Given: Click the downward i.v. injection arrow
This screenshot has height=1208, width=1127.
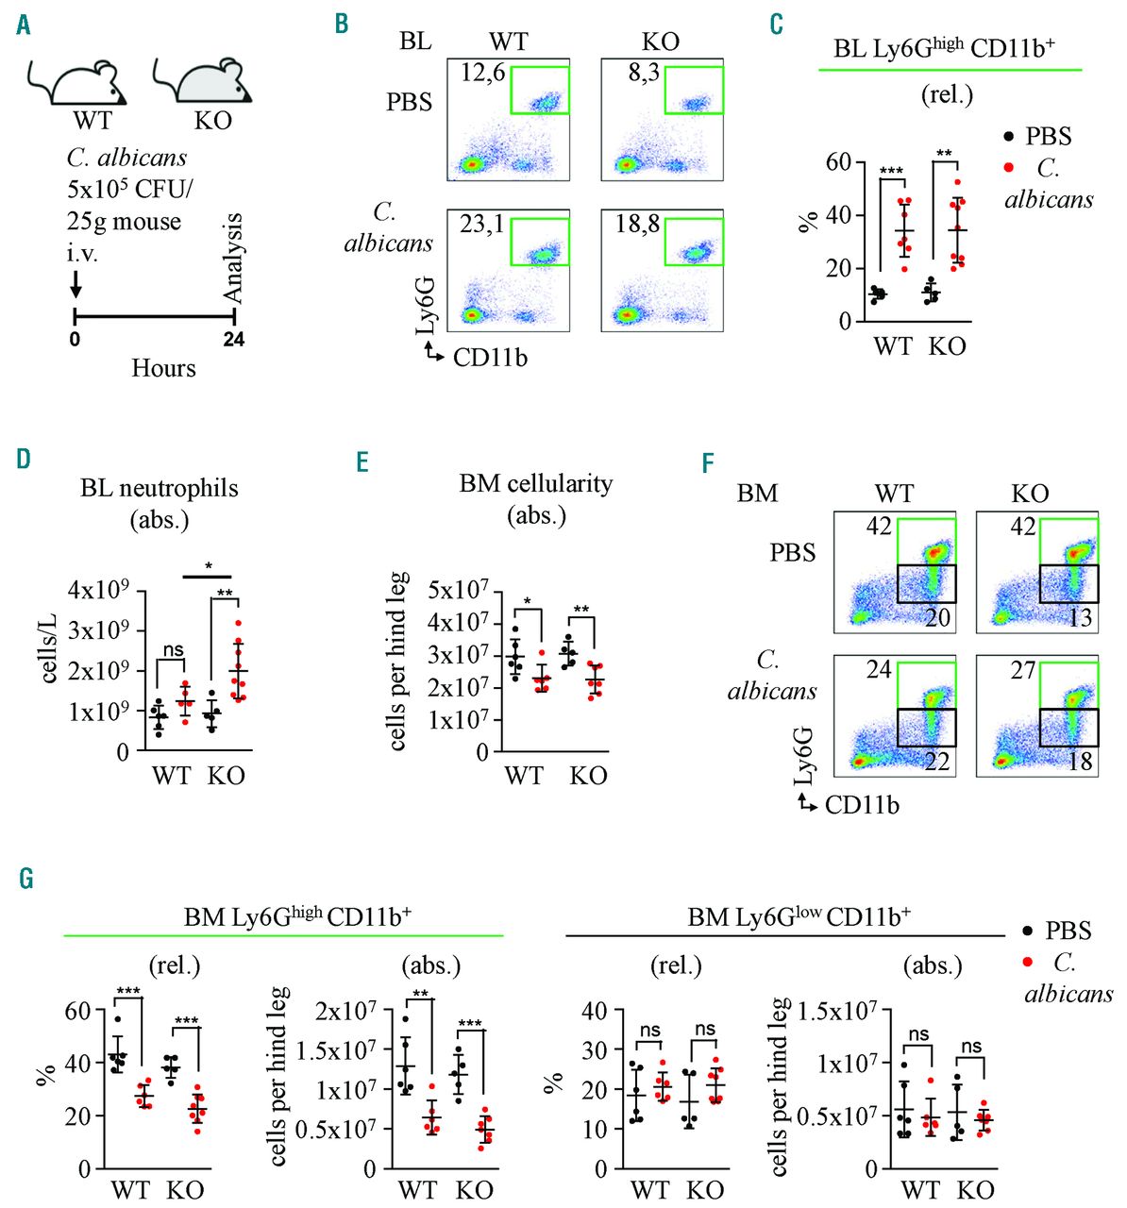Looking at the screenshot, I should pyautogui.click(x=76, y=281).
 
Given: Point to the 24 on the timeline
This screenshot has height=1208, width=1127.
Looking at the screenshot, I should pyautogui.click(x=233, y=339).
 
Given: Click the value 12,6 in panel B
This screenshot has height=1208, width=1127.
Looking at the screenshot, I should pyautogui.click(x=482, y=73).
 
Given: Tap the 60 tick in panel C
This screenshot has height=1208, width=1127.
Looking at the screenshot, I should pyautogui.click(x=838, y=162).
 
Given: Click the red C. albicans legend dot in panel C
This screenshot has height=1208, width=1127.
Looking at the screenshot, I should pyautogui.click(x=1009, y=168).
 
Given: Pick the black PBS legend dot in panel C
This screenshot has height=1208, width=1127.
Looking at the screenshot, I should pyautogui.click(x=1009, y=137).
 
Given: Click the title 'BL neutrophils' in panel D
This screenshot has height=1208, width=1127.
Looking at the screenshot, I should pyautogui.click(x=160, y=488).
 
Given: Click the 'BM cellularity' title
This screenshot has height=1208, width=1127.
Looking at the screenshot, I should pyautogui.click(x=536, y=483).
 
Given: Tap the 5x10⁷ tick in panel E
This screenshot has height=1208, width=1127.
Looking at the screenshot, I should pyautogui.click(x=458, y=592).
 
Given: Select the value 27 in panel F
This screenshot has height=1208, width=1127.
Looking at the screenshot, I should pyautogui.click(x=1023, y=671).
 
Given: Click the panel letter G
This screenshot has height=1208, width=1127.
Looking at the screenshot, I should pyautogui.click(x=25, y=880).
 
